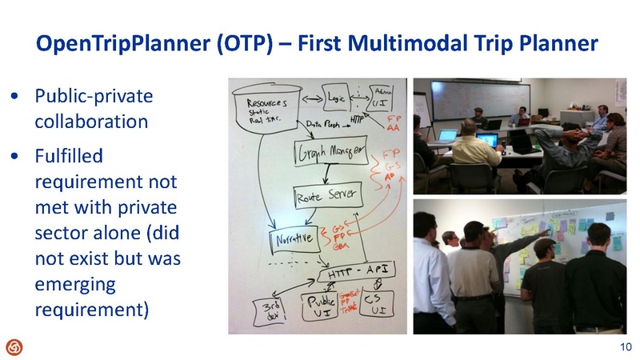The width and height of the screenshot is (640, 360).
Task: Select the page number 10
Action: (626, 346)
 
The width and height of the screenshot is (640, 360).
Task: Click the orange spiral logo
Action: (14, 346)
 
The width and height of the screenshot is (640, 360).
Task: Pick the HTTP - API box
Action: (353, 273)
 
